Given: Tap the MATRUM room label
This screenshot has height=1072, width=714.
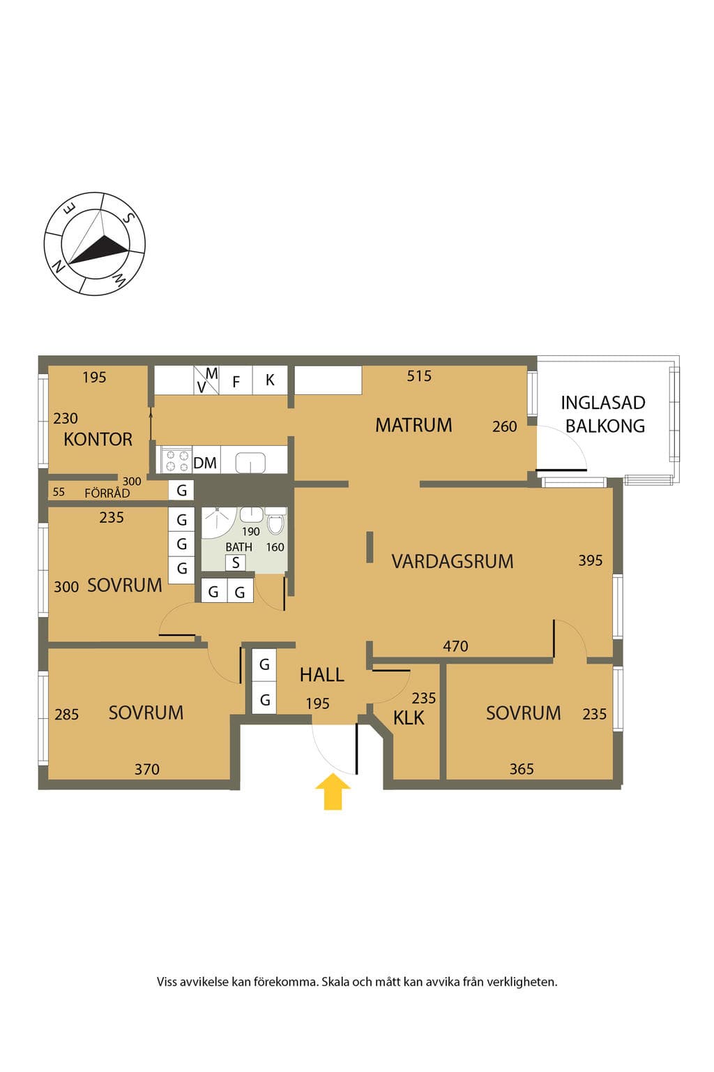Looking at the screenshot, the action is (x=413, y=425).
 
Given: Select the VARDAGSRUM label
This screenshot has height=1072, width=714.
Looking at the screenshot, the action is (x=453, y=561).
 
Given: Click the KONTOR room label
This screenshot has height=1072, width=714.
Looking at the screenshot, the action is (x=98, y=439).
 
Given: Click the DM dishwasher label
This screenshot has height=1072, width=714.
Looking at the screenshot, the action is (x=205, y=463).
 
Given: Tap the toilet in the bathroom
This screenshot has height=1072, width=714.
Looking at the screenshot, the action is (x=275, y=521).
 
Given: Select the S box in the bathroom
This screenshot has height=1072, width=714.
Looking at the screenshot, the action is (x=235, y=563).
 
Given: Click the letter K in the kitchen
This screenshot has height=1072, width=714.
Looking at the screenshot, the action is (x=270, y=380).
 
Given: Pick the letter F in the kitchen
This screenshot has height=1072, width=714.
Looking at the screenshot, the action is (x=236, y=382).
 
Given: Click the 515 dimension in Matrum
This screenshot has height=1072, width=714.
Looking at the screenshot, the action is (x=419, y=376).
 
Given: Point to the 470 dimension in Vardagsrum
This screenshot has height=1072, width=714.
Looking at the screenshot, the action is (x=455, y=646).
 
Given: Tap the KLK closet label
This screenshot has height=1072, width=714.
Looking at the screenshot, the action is (x=409, y=718).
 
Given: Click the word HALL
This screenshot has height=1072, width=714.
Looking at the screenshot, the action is (x=322, y=675).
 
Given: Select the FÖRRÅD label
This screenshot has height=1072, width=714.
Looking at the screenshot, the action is (x=107, y=493).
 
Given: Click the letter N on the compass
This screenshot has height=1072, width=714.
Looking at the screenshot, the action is (x=59, y=266).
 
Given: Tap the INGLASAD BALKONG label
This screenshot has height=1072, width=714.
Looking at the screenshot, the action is (x=604, y=415).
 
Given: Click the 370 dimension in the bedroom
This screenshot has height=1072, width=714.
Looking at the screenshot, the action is (x=147, y=770).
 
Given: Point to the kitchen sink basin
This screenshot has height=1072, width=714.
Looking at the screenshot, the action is (x=250, y=463).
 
